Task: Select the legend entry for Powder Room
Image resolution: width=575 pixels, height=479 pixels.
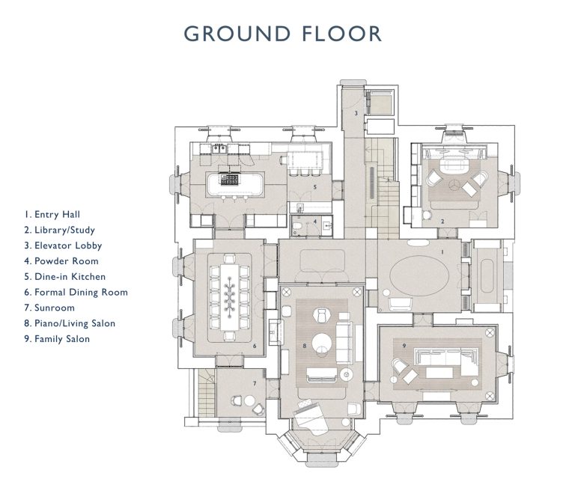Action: pos(65,261)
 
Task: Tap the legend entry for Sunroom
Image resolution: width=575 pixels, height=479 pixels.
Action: pos(54,308)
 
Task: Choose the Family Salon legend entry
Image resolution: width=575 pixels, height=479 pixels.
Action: pos(61,339)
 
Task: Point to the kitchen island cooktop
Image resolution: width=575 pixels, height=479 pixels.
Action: pos(231,179)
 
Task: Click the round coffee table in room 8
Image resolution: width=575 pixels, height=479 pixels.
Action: pos(322,344)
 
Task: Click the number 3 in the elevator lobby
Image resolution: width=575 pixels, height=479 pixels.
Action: pos(356,114)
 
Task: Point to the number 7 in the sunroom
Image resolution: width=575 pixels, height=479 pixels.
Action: pos(254,383)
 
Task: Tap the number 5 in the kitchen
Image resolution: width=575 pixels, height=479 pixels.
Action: pos(315,186)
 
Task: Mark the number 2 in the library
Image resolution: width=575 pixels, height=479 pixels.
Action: pos(443,222)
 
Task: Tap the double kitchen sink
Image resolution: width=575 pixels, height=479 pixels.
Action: pos(219,148)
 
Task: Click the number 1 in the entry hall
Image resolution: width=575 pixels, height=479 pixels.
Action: pos(442,252)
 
